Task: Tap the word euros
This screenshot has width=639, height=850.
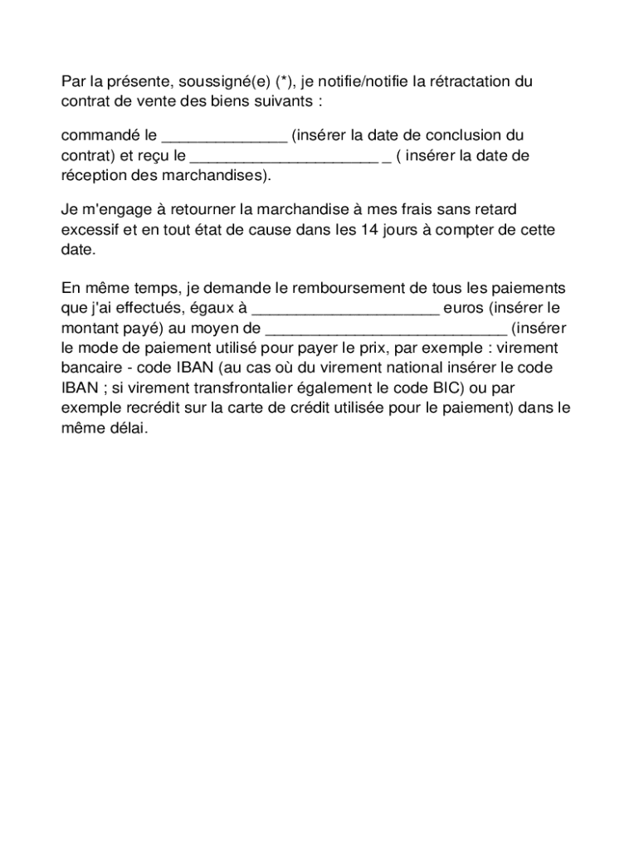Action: [464, 309]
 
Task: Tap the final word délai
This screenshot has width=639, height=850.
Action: [124, 429]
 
